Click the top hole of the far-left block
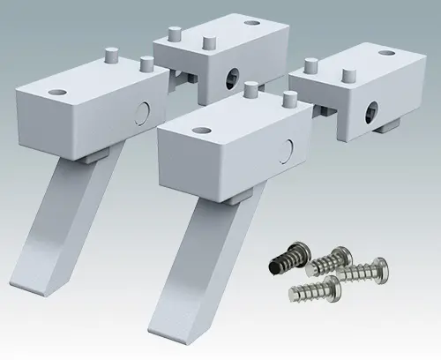(58, 91)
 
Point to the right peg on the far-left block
(146, 64)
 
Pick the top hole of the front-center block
(191, 130)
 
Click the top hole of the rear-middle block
(252, 24)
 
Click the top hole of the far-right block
(386, 53)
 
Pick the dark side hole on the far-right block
(370, 109)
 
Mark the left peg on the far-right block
(309, 64)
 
